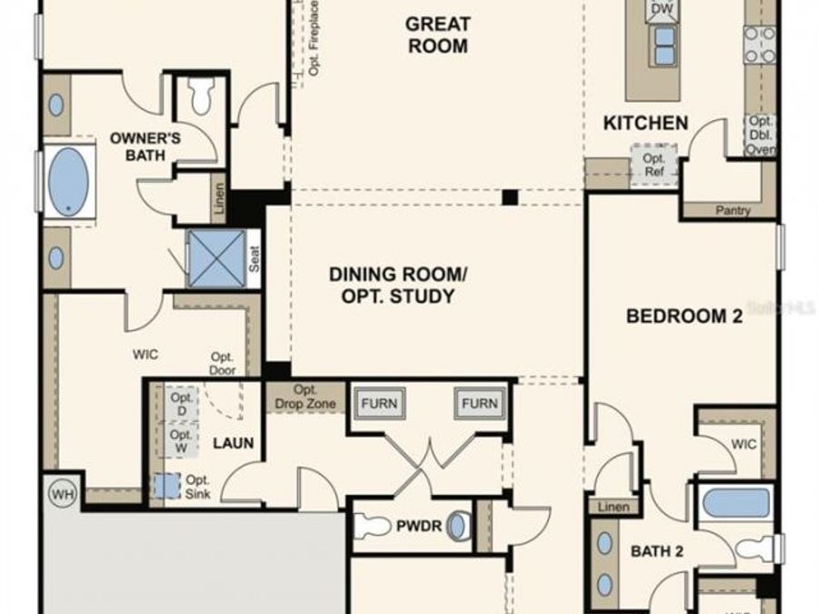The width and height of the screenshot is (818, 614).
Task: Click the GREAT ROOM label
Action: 437,35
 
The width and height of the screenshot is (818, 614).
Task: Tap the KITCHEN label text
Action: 646,123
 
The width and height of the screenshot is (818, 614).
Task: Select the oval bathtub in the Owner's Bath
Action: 69,181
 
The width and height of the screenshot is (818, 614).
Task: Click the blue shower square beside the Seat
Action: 215,254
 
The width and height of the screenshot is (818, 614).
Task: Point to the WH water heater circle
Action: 60,494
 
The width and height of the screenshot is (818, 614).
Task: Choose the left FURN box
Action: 381,404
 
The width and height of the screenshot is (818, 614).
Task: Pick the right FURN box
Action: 479,404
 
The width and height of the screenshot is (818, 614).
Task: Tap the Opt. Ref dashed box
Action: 653,165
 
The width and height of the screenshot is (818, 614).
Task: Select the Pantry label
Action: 733,211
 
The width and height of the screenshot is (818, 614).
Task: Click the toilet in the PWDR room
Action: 373,526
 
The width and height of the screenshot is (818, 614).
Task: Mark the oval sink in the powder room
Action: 461,526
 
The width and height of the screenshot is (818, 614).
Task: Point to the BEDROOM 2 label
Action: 684,317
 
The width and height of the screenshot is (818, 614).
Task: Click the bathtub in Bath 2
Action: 736,502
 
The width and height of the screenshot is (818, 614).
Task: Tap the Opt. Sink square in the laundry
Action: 166,485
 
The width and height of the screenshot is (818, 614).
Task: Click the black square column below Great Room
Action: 510,196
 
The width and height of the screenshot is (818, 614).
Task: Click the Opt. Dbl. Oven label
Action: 761,136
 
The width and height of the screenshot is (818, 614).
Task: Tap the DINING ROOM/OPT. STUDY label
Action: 391,285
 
